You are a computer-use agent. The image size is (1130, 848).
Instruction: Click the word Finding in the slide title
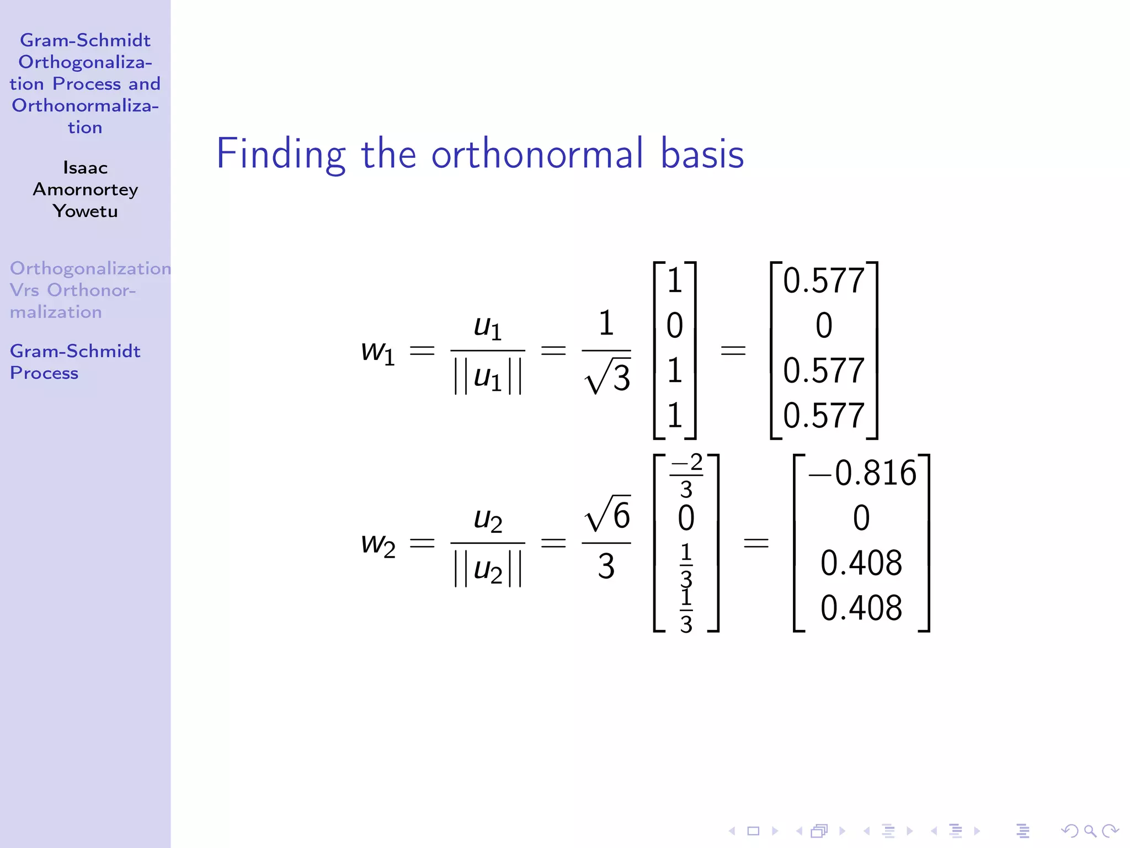pyautogui.click(x=280, y=155)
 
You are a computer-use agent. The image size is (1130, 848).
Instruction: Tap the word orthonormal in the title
pyautogui.click(x=537, y=153)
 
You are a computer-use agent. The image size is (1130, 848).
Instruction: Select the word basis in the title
pyautogui.click(x=702, y=153)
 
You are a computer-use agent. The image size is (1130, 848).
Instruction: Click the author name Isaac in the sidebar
pyautogui.click(x=85, y=168)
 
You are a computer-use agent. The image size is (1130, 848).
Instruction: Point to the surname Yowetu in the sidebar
pyautogui.click(x=85, y=211)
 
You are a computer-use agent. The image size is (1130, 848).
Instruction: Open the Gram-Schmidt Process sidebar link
pyautogui.click(x=75, y=362)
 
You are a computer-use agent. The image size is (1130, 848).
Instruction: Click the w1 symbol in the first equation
pyautogui.click(x=378, y=352)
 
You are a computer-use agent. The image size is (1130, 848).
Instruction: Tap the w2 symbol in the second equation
pyautogui.click(x=378, y=544)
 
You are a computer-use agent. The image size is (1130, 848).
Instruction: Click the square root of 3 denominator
pyautogui.click(x=607, y=378)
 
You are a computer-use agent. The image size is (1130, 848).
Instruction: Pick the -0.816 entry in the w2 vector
pyautogui.click(x=862, y=473)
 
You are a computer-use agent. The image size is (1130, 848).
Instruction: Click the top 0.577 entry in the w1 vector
pyautogui.click(x=823, y=280)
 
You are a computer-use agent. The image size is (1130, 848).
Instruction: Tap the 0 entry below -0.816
pyautogui.click(x=861, y=518)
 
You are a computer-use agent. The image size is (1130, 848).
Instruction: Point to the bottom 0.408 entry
pyautogui.click(x=861, y=608)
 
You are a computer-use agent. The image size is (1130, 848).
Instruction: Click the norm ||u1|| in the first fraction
pyautogui.click(x=488, y=378)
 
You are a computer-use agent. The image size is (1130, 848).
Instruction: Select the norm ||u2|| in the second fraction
pyautogui.click(x=488, y=570)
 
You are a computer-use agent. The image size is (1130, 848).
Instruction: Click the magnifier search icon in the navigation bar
pyautogui.click(x=1090, y=831)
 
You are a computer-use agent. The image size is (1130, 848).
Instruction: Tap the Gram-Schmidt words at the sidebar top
pyautogui.click(x=85, y=40)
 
